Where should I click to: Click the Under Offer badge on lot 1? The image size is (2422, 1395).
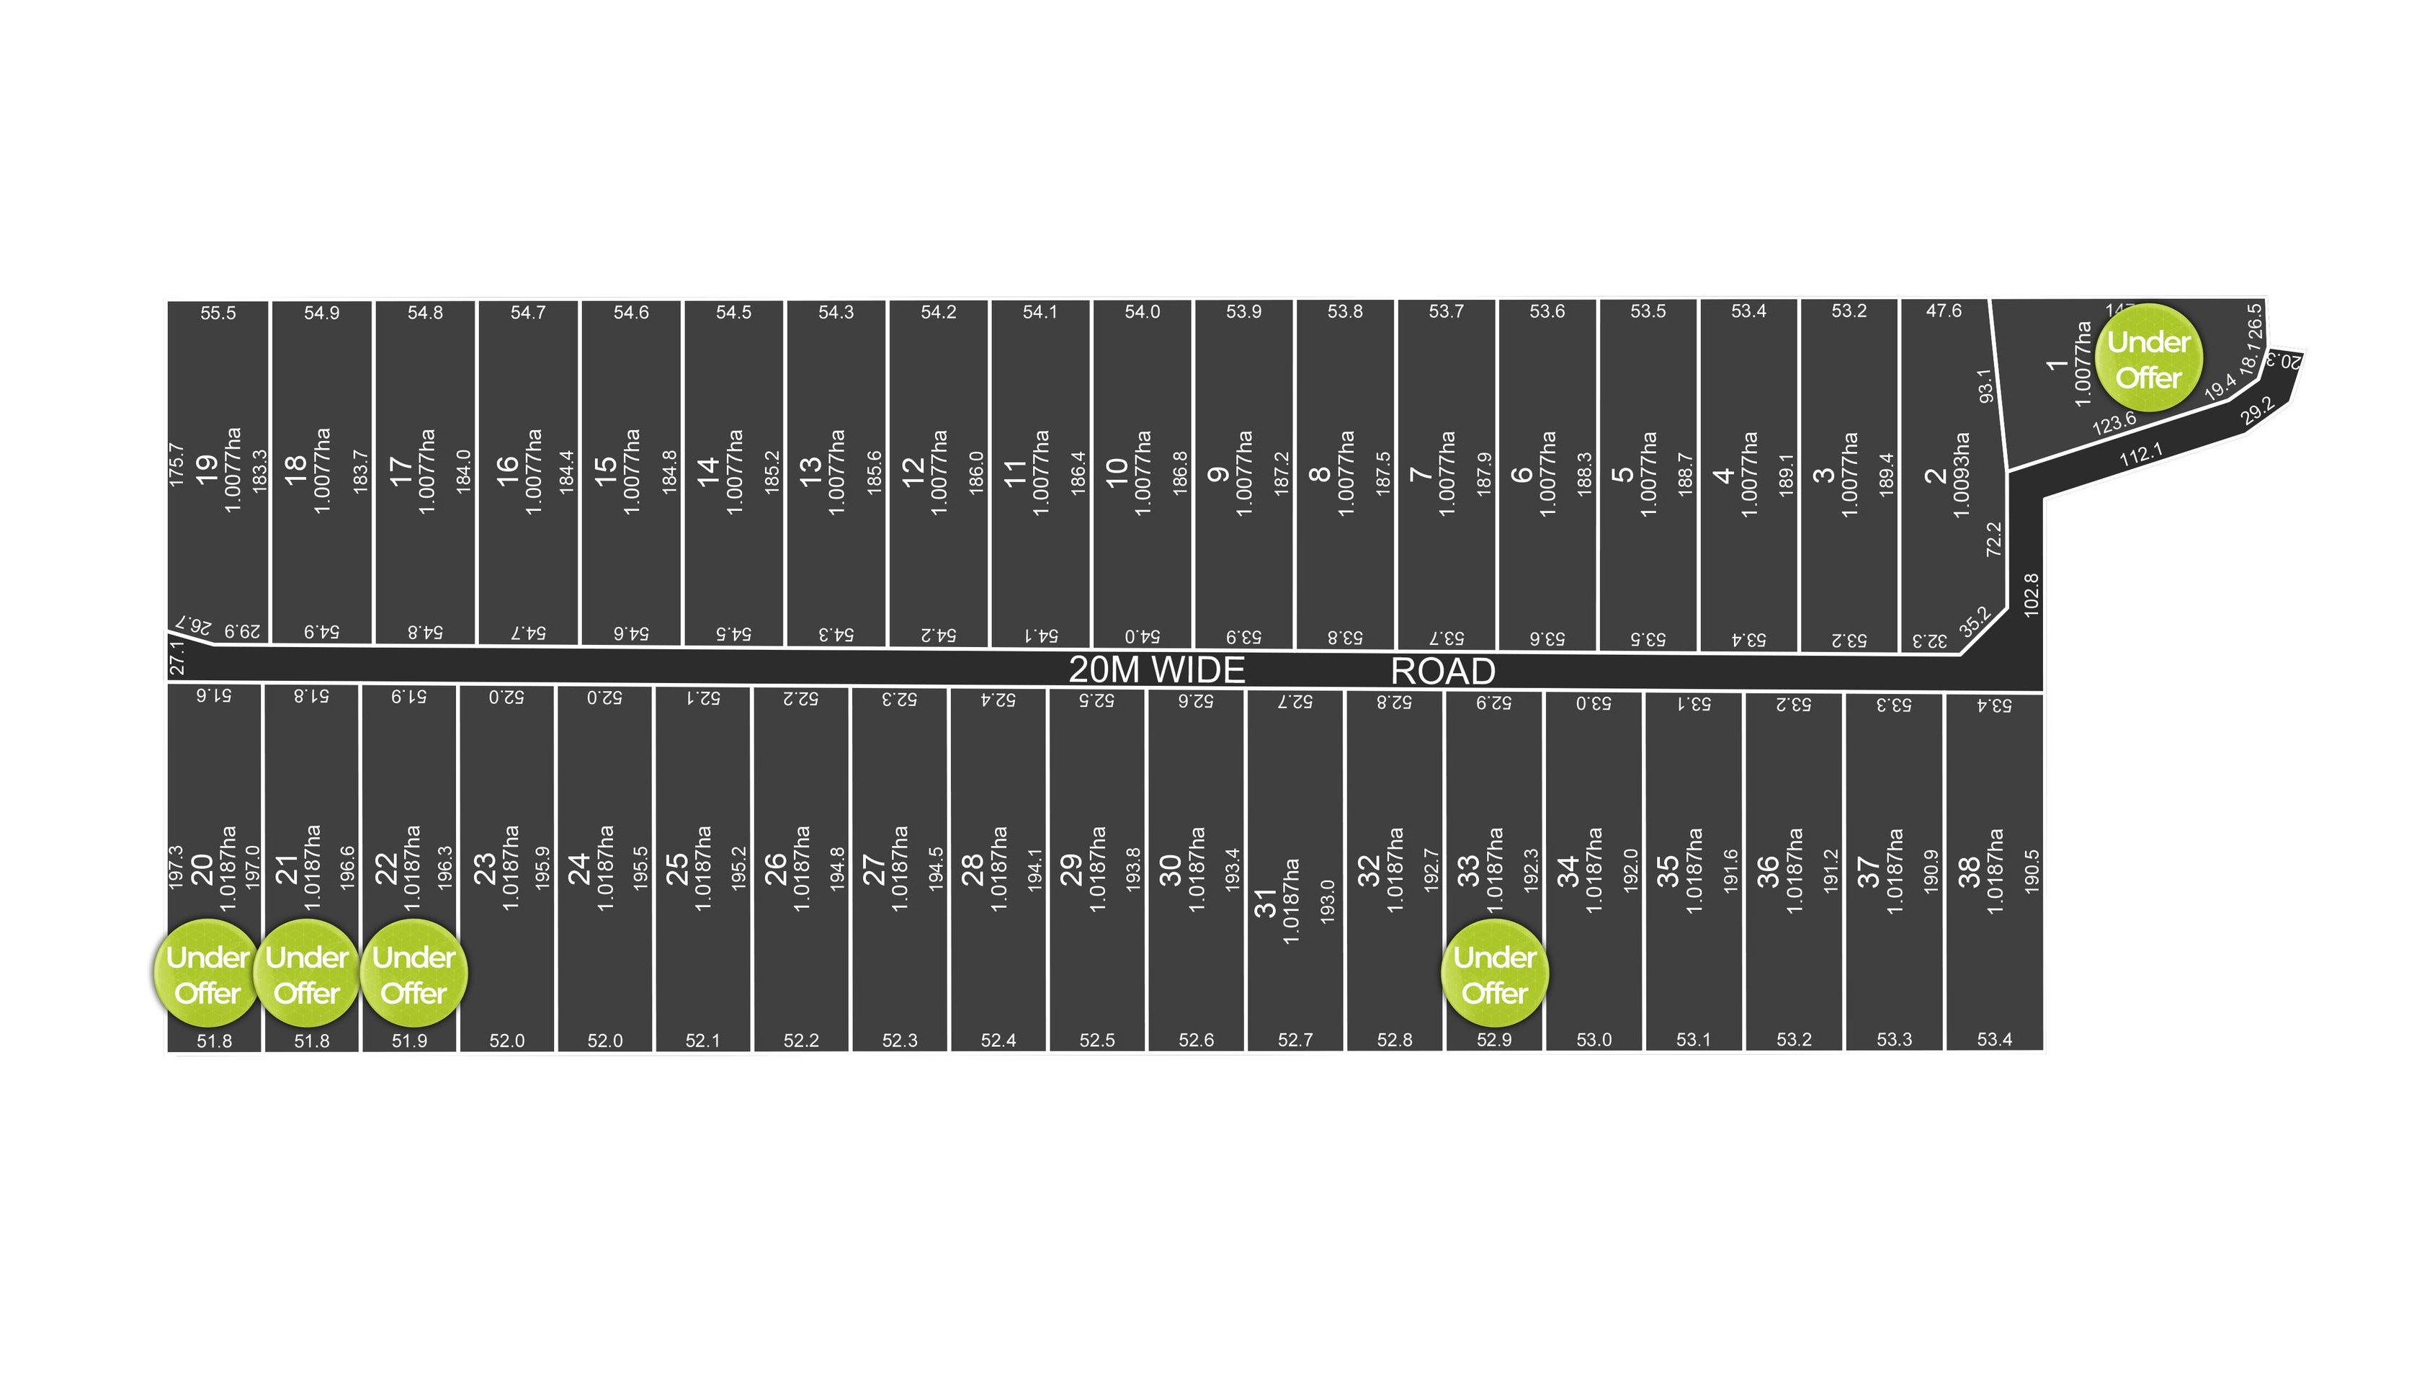(x=2148, y=358)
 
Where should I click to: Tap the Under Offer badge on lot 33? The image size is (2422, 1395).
(x=1494, y=973)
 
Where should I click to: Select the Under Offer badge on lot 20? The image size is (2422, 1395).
(x=207, y=973)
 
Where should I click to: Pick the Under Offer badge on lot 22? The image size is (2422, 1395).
(x=414, y=973)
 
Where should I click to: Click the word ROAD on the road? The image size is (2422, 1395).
(x=1442, y=671)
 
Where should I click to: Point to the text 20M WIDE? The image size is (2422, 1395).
(x=1156, y=669)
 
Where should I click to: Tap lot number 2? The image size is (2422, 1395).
(x=1934, y=474)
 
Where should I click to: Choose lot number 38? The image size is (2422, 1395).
(x=1969, y=871)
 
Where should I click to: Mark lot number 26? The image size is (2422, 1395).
(x=774, y=868)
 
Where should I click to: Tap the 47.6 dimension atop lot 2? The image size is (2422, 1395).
(x=1943, y=311)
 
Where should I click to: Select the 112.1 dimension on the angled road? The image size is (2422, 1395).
(x=2140, y=454)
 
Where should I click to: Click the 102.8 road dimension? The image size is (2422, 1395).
(x=2032, y=594)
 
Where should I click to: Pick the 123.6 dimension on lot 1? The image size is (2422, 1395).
(x=2114, y=422)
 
